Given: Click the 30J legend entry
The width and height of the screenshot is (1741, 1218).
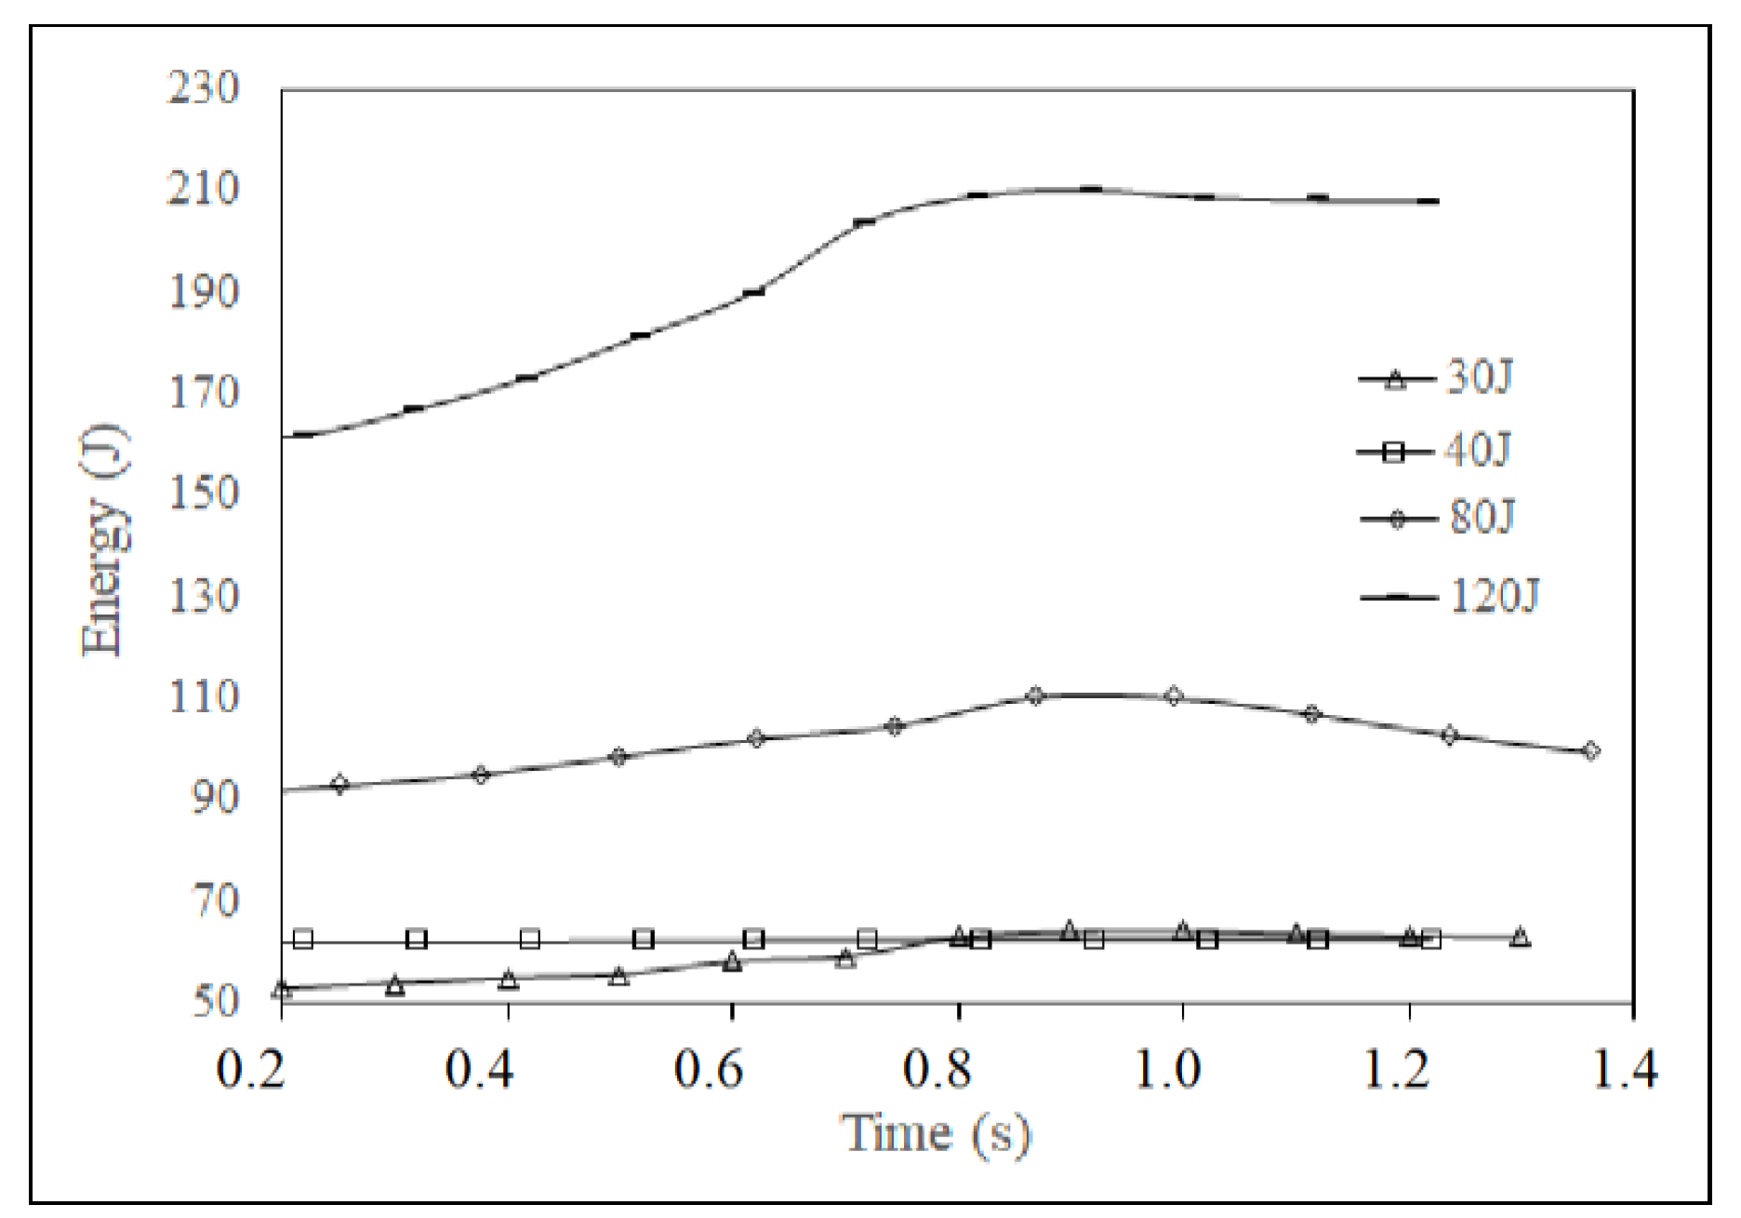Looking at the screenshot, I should click(1437, 378).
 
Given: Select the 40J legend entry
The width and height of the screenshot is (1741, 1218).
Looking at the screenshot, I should click(1435, 451).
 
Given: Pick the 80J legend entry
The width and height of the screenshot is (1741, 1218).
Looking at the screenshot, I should click(1438, 517).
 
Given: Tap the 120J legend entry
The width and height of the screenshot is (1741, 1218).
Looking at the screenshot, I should click(1451, 595).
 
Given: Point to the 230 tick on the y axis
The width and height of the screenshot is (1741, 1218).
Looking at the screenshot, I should click(203, 88).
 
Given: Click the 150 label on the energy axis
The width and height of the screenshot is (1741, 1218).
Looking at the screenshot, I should click(203, 494).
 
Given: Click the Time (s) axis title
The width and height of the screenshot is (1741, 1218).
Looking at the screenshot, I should click(937, 1132).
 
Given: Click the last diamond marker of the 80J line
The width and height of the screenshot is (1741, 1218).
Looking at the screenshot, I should click(1590, 750).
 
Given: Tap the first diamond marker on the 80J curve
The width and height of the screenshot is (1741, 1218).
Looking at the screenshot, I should click(340, 784).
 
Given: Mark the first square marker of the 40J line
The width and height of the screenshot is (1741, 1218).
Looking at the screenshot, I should click(303, 939).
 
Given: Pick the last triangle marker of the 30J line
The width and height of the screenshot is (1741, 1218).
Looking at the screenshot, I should click(1520, 936).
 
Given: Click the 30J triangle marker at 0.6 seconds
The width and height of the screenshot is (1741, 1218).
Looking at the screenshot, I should click(732, 961).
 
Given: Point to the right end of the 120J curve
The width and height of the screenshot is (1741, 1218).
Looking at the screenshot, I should click(1437, 201).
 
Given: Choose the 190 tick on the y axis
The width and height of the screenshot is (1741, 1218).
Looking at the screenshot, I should click(203, 292).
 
